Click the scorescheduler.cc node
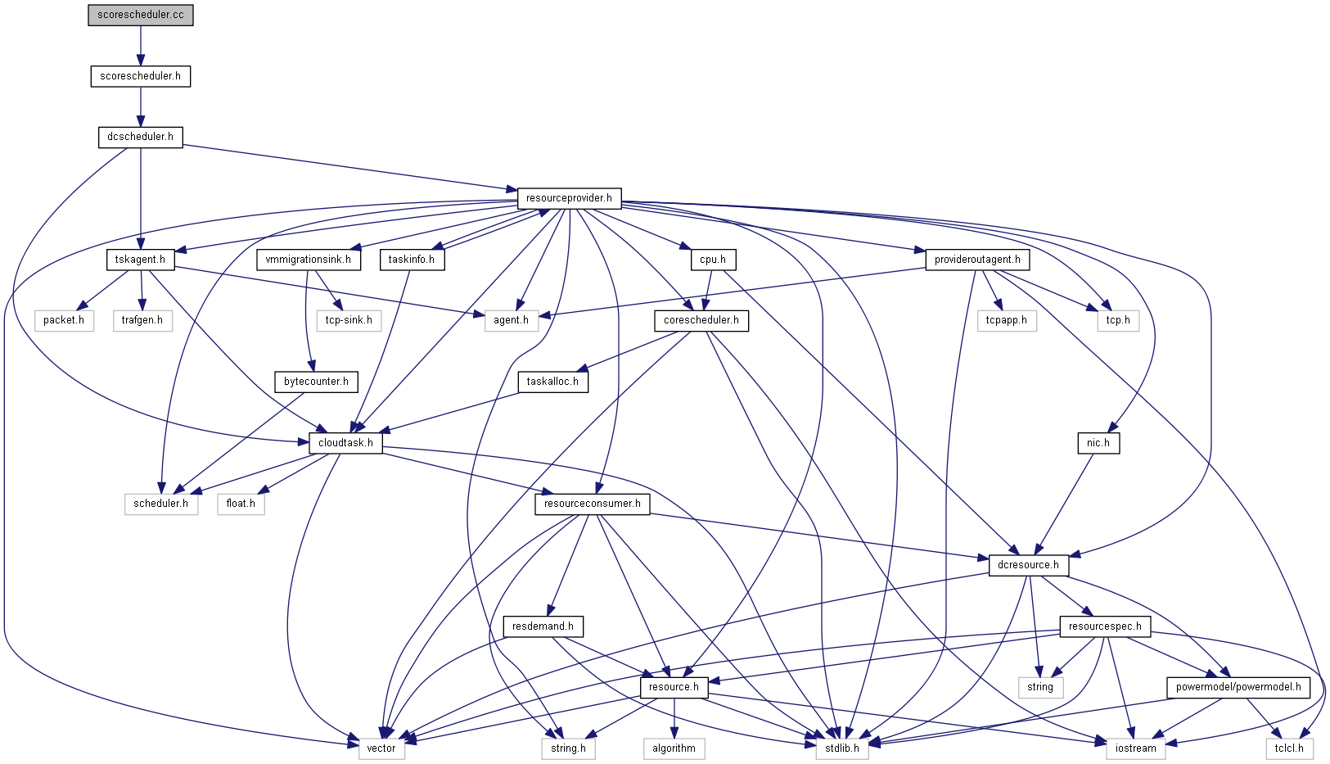[141, 16]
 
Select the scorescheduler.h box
[140, 76]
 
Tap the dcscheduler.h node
[140, 137]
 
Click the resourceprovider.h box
[569, 198]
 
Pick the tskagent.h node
[140, 260]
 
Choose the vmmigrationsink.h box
[308, 260]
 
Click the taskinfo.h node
[411, 260]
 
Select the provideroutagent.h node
[977, 260]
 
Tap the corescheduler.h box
[701, 320]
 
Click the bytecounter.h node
[316, 382]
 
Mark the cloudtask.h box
[345, 443]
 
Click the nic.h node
[1098, 443]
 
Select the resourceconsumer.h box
[592, 504]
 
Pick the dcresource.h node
[1028, 565]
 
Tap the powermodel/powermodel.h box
[1238, 687]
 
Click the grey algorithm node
[674, 748]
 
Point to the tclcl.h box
[1289, 748]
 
